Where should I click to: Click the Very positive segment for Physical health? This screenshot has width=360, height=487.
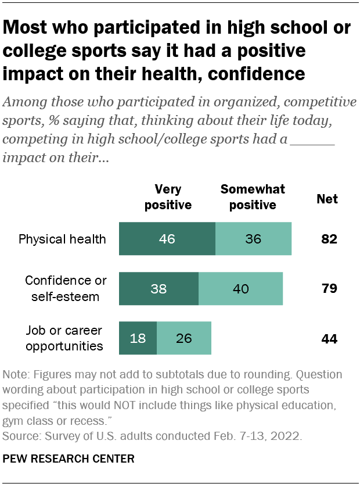[x=167, y=239]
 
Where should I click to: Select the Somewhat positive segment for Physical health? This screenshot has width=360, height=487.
[x=253, y=239]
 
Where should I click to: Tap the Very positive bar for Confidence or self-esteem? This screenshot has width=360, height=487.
[x=159, y=288]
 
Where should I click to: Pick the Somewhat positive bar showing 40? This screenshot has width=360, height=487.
[x=240, y=288]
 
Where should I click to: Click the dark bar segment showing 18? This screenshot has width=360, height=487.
[x=138, y=338]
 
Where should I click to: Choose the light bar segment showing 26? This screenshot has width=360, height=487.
[x=184, y=338]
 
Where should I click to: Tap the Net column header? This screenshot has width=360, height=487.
[x=327, y=199]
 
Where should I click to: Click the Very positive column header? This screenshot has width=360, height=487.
[x=168, y=197]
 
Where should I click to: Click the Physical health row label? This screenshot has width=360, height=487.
[x=62, y=239]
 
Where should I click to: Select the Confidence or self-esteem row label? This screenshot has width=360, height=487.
[x=66, y=288]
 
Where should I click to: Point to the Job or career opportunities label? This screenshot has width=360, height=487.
[x=64, y=338]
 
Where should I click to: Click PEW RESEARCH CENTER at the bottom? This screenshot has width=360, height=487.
[x=69, y=459]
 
